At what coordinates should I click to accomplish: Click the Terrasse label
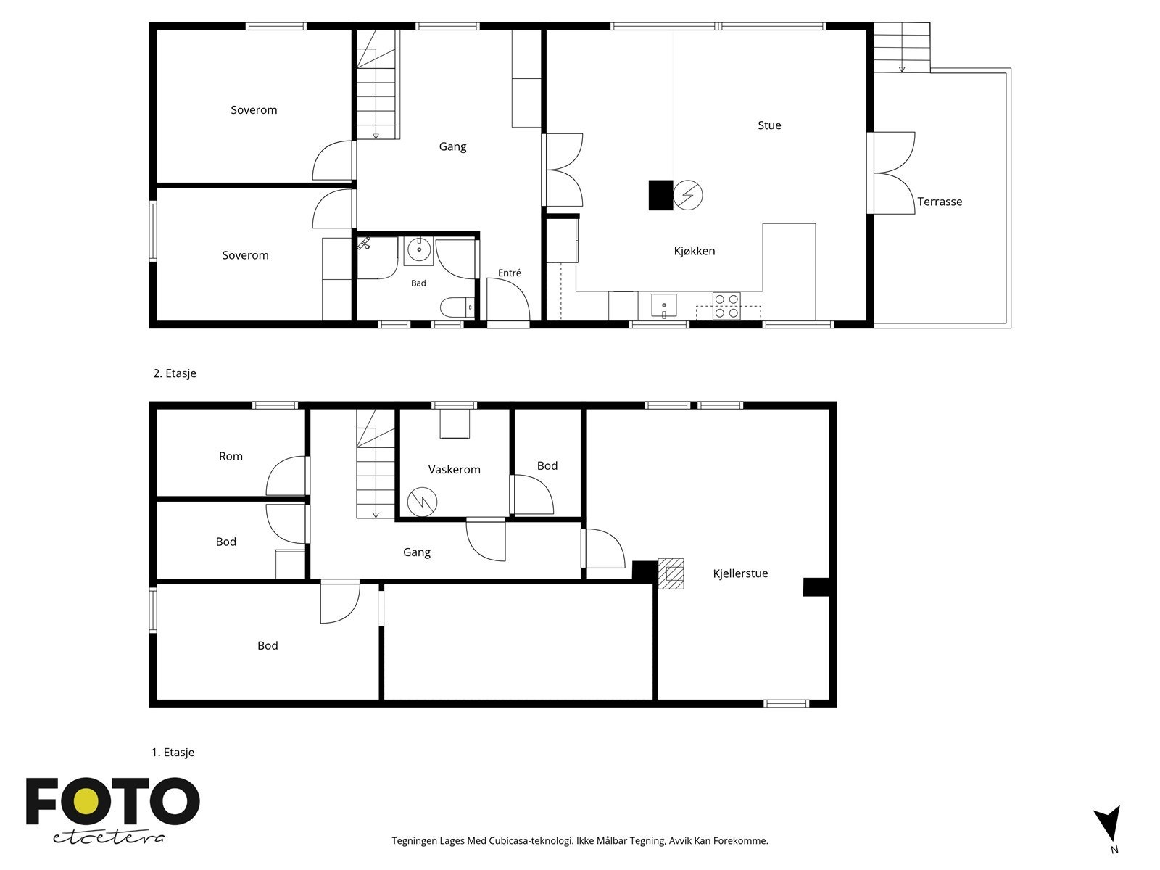[x=939, y=202]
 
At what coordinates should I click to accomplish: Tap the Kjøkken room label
[x=694, y=251]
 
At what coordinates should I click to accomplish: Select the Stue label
[x=769, y=125]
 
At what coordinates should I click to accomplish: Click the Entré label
[x=509, y=273]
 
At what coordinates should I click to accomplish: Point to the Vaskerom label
[x=454, y=470]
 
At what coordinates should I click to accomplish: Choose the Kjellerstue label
[x=740, y=573]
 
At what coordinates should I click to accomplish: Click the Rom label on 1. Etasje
[x=231, y=456]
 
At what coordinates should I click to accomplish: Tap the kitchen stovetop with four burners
[x=726, y=306]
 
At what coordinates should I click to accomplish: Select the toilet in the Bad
[x=457, y=307]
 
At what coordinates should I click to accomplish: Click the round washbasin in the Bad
[x=419, y=250]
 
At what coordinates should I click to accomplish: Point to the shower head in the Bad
[x=364, y=244]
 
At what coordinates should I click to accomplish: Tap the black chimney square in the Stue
[x=660, y=195]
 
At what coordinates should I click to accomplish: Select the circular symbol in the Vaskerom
[x=422, y=501]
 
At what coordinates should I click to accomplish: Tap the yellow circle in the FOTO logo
[x=86, y=802]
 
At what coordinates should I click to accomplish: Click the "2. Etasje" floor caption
[x=175, y=373]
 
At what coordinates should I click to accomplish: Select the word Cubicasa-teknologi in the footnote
[x=531, y=841]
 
